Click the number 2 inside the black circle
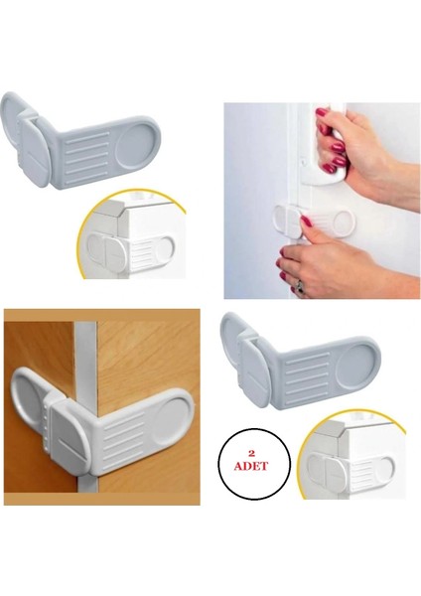[x=252, y=449]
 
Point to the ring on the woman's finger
[x=299, y=285]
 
